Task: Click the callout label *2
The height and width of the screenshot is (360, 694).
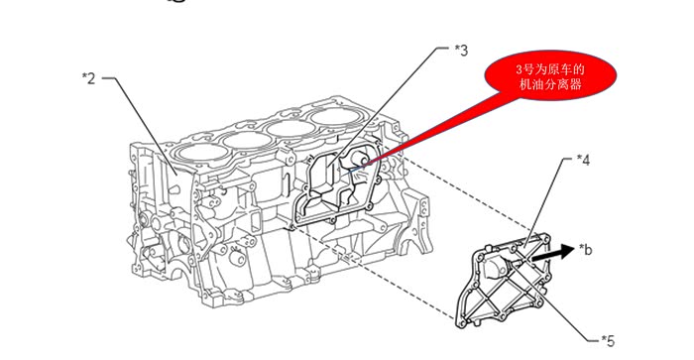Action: tap(88, 78)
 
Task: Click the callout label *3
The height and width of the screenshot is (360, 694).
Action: tap(461, 51)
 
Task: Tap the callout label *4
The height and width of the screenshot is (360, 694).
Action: tap(583, 160)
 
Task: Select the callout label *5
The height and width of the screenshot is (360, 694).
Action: tap(608, 341)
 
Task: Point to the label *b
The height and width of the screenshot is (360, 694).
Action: tap(585, 250)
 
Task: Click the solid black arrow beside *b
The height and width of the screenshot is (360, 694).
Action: tap(552, 253)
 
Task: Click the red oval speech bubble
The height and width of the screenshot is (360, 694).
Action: tap(550, 74)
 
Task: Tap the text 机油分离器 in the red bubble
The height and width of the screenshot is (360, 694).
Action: tap(550, 84)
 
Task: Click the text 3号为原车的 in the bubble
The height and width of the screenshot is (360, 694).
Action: tap(550, 69)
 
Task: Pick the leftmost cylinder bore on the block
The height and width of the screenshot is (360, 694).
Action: tap(195, 153)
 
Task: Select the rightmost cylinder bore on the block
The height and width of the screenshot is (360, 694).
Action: tap(335, 116)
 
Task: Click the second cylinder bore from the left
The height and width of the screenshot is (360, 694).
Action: tap(247, 140)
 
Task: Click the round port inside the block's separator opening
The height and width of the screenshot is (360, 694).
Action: tap(358, 161)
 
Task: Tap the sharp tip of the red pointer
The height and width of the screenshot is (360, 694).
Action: tap(362, 166)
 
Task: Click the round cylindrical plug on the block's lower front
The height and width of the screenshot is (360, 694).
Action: tap(235, 258)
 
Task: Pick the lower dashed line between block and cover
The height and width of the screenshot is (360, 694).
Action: tap(371, 273)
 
